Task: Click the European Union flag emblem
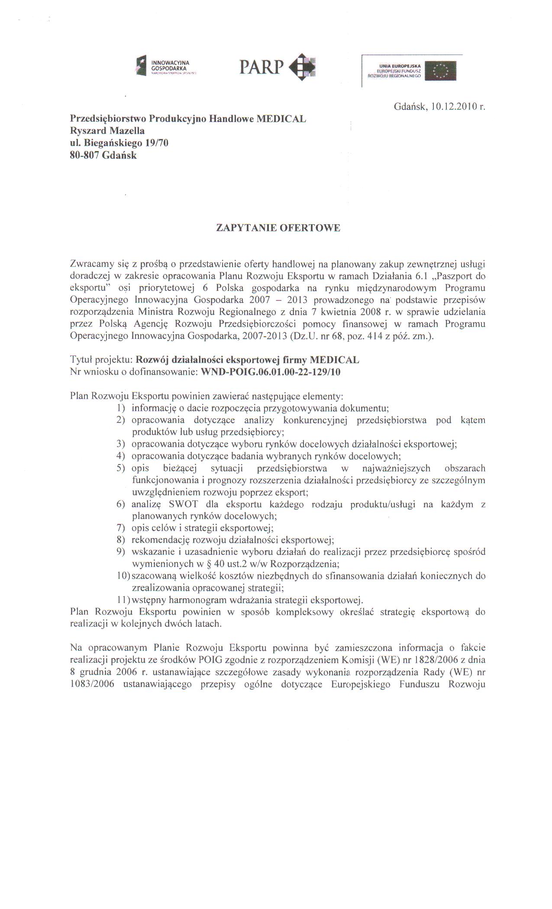coord(440,71)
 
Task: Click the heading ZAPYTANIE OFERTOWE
coord(278,228)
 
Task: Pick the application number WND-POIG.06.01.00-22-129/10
coord(271,372)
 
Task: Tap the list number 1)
coord(121,408)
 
